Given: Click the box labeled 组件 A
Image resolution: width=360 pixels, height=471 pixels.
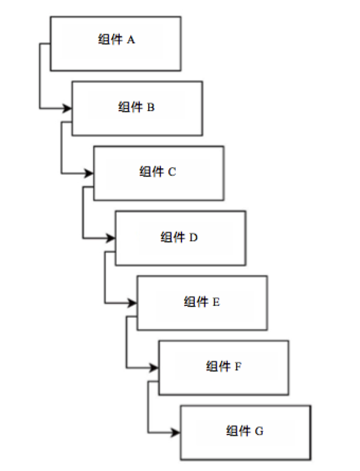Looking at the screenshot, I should (x=116, y=43).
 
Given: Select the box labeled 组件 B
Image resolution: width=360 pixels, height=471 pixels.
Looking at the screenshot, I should (x=137, y=108).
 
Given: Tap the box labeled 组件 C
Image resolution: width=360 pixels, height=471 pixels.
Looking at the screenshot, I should (x=158, y=173).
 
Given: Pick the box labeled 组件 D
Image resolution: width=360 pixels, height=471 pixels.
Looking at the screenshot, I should (x=180, y=238).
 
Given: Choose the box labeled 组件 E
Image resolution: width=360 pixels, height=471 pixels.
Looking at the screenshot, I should (x=202, y=303).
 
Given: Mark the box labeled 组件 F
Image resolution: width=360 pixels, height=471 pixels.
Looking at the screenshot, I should (x=224, y=367).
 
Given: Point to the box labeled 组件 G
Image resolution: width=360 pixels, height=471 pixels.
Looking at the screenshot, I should (x=245, y=432).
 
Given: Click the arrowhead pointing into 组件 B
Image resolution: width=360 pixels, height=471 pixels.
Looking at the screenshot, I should (x=67, y=108).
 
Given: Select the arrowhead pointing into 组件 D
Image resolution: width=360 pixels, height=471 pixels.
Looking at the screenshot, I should (x=111, y=238).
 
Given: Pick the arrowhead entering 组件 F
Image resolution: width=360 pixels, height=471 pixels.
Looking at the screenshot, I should (x=154, y=367).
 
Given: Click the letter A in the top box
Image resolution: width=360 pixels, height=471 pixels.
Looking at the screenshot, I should (x=131, y=40).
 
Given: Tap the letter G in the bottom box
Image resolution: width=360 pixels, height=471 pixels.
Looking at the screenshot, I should (x=259, y=431).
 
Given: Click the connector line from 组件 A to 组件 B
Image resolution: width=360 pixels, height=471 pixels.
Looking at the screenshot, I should (x=40, y=75).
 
